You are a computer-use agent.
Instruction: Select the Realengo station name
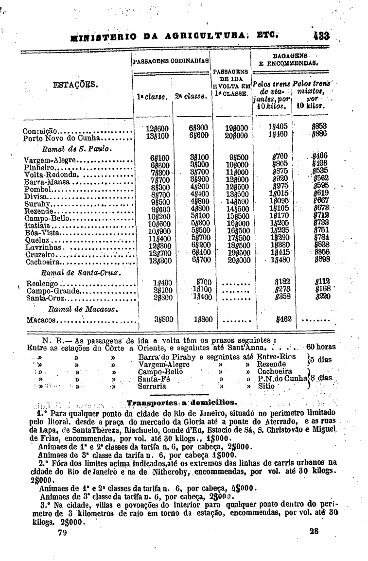coord(43,283)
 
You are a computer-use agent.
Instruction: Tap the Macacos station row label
coord(42,320)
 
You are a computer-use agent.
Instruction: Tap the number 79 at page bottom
coord(62,532)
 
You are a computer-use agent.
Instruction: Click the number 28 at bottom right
coord(314,531)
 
